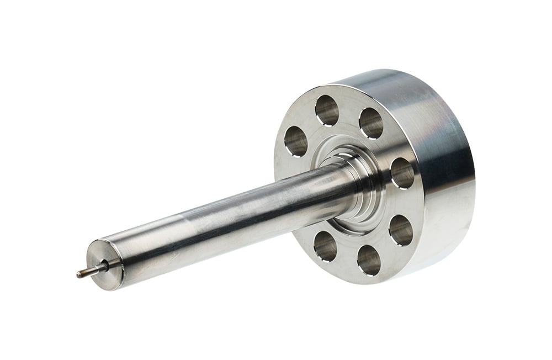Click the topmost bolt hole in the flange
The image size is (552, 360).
point(327,110)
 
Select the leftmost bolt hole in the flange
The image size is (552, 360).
point(296,140)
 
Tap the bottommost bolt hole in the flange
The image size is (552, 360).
point(369,260)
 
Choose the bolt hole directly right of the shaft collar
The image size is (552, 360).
point(402,173)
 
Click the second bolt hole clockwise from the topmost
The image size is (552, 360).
point(371,123)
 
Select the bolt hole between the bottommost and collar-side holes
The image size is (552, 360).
point(401,230)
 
